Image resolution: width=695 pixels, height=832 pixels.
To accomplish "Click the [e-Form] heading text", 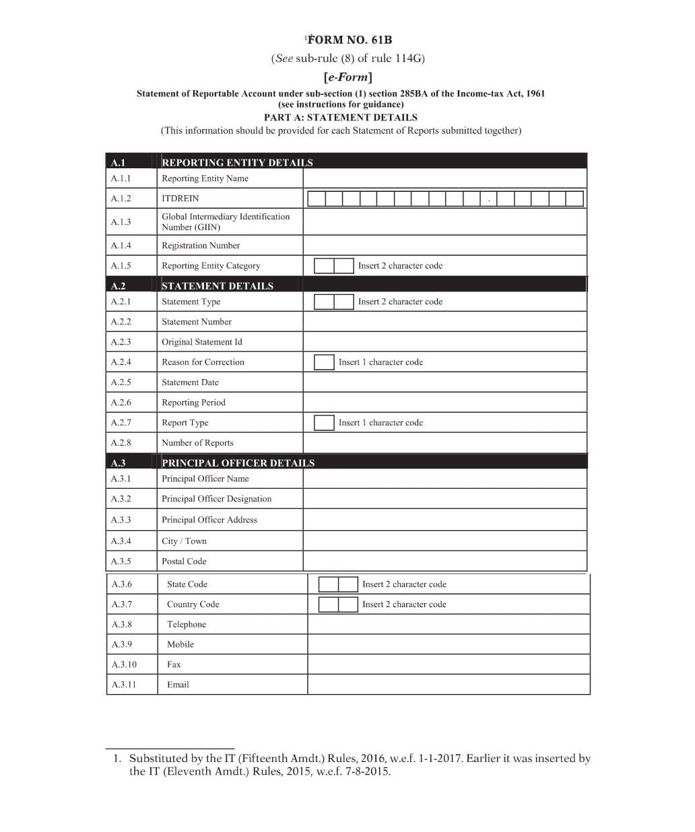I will (x=347, y=77).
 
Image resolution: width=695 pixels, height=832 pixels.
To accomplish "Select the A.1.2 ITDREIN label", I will (x=180, y=199).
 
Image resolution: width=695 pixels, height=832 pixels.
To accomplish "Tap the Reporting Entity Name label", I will (x=205, y=178).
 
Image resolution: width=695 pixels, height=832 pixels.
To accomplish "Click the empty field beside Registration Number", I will (x=444, y=246).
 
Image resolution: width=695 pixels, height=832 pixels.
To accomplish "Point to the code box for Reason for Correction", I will (x=324, y=362).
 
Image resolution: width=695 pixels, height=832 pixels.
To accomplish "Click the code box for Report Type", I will (x=324, y=423).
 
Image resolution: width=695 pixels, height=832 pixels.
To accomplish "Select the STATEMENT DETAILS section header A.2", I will (x=217, y=286).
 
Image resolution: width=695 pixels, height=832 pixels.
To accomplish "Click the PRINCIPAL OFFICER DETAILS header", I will (x=238, y=463).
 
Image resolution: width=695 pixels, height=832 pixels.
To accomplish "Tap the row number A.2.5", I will (x=121, y=382).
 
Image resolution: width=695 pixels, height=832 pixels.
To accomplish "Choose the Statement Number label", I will (x=196, y=322).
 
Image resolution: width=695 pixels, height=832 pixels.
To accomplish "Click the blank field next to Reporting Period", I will (x=444, y=403).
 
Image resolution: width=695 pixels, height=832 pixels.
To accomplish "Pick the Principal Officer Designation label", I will (x=216, y=499).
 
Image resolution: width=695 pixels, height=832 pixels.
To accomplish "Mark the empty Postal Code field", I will (x=444, y=561).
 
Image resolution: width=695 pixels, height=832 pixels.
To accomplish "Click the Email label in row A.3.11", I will (x=178, y=685).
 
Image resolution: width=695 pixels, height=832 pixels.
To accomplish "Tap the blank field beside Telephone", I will (x=449, y=624).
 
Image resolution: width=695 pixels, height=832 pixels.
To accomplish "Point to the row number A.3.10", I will (x=124, y=664).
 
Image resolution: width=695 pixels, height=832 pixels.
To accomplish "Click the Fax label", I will (x=174, y=664).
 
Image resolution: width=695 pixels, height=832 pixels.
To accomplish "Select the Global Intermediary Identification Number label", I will (x=225, y=221).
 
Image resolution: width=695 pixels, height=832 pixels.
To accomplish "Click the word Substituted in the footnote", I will (x=159, y=759).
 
